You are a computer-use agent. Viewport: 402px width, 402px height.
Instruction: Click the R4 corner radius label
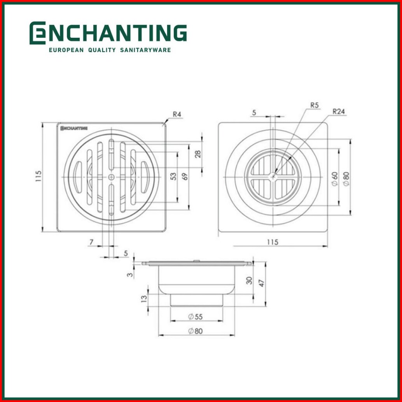coord(177,114)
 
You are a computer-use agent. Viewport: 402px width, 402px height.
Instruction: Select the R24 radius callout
coord(338,112)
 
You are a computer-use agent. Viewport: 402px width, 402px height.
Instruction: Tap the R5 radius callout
coord(314,105)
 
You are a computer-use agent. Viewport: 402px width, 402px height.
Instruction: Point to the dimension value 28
coord(198,154)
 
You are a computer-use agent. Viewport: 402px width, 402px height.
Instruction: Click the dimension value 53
coord(173,177)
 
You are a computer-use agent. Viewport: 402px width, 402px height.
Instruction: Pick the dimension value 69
coord(185,177)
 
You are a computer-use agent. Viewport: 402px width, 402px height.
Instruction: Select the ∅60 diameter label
coord(335,179)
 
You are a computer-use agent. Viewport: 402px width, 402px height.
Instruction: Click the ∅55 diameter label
coord(195,317)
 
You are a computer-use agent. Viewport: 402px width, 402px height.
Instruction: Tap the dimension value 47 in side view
coord(262,283)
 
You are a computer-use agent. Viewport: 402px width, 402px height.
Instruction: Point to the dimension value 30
coord(249,281)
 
